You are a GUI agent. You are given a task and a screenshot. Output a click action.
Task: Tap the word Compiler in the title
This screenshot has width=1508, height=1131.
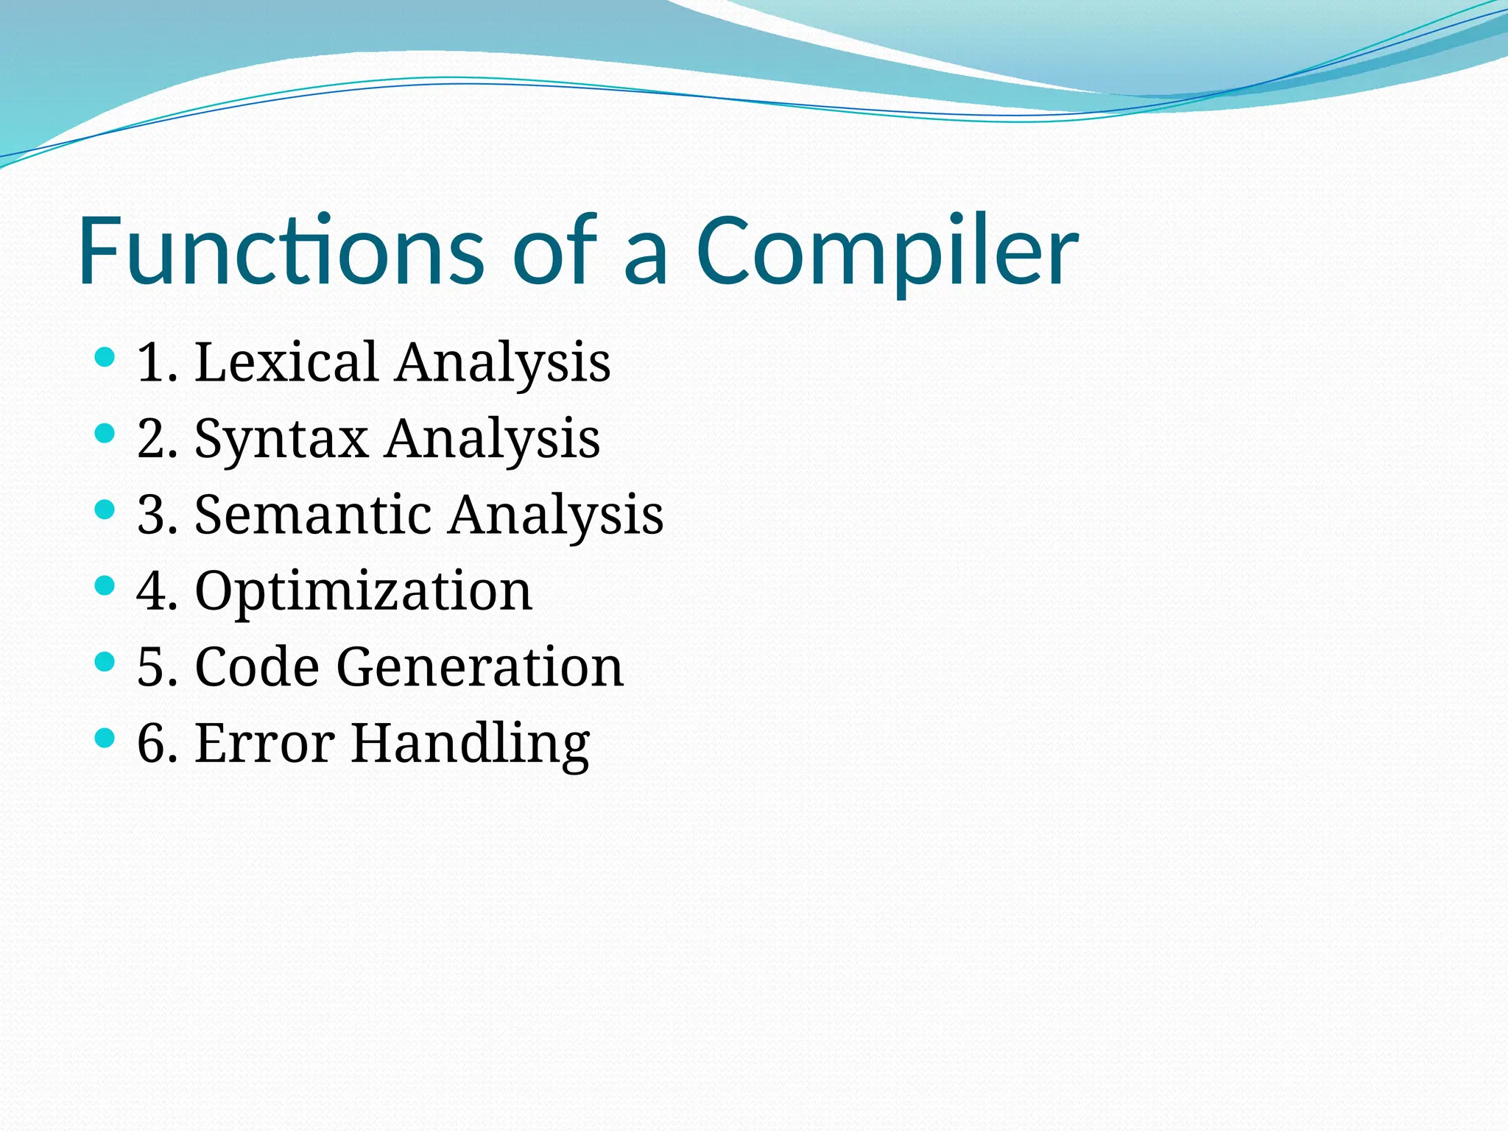click(887, 252)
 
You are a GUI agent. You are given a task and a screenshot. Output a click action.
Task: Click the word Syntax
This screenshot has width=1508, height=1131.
click(281, 440)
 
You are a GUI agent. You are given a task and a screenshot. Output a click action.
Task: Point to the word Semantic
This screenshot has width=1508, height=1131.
click(312, 515)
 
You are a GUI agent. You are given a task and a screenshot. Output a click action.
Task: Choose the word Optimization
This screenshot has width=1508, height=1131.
click(363, 592)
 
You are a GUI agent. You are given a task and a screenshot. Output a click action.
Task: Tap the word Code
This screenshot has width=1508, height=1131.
click(257, 667)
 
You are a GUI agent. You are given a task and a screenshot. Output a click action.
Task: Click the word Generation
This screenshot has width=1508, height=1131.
click(480, 667)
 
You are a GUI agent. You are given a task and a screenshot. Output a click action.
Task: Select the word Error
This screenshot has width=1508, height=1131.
click(265, 744)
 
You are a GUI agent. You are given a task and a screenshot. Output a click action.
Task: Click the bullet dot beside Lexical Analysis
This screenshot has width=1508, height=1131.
click(105, 358)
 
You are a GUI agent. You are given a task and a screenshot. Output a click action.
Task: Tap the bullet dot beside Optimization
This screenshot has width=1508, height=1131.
click(105, 586)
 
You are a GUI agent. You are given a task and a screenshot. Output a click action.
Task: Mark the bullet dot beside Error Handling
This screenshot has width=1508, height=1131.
click(105, 738)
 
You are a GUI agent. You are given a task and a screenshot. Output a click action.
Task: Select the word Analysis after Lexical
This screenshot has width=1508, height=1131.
click(503, 363)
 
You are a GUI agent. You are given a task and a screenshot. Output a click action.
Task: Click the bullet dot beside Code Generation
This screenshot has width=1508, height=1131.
click(105, 662)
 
